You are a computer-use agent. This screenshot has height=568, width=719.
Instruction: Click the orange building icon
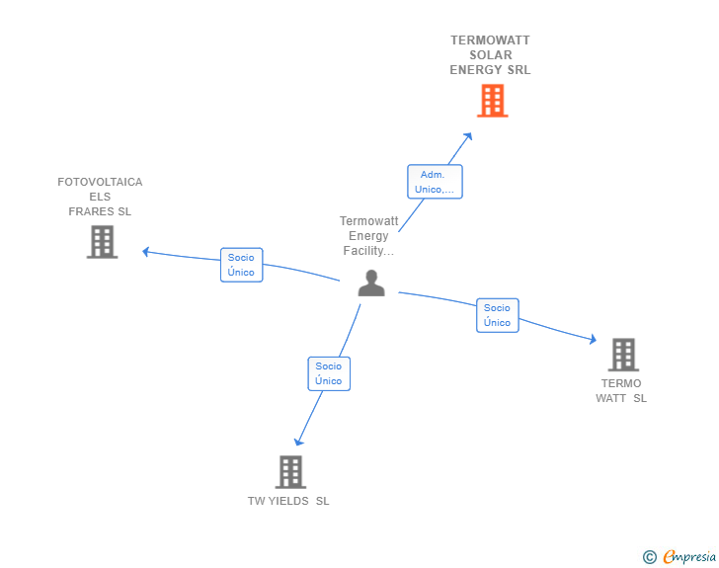493,101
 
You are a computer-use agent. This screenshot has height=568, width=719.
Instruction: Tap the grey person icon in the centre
371,284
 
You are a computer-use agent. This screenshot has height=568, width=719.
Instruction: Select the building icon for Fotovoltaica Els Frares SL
103,242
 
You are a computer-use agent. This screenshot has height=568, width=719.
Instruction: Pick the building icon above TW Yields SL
290,472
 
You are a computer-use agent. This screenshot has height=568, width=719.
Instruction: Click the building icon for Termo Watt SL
623,355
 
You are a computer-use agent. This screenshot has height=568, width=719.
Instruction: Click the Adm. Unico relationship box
435,182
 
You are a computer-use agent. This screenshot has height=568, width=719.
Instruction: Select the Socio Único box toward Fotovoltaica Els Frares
241,265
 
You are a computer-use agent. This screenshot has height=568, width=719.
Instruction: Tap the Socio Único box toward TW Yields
329,373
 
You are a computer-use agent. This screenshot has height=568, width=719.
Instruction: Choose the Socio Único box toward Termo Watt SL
498,315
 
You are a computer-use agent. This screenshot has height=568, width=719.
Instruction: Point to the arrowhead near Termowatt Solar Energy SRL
468,136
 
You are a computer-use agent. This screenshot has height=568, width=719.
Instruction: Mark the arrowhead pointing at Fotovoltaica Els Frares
146,252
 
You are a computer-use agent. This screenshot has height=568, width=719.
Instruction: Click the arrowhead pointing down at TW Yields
298,442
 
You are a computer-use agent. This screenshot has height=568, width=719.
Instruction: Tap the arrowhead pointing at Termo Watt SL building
593,339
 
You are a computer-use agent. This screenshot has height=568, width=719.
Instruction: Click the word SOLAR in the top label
491,55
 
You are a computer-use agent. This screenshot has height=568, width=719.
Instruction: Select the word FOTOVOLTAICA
100,182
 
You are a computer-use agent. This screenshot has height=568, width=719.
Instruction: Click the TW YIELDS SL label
288,501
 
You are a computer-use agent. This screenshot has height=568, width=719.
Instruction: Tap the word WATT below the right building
610,398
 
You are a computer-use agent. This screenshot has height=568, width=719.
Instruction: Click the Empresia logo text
689,557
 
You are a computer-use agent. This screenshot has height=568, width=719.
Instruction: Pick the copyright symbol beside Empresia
650,557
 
